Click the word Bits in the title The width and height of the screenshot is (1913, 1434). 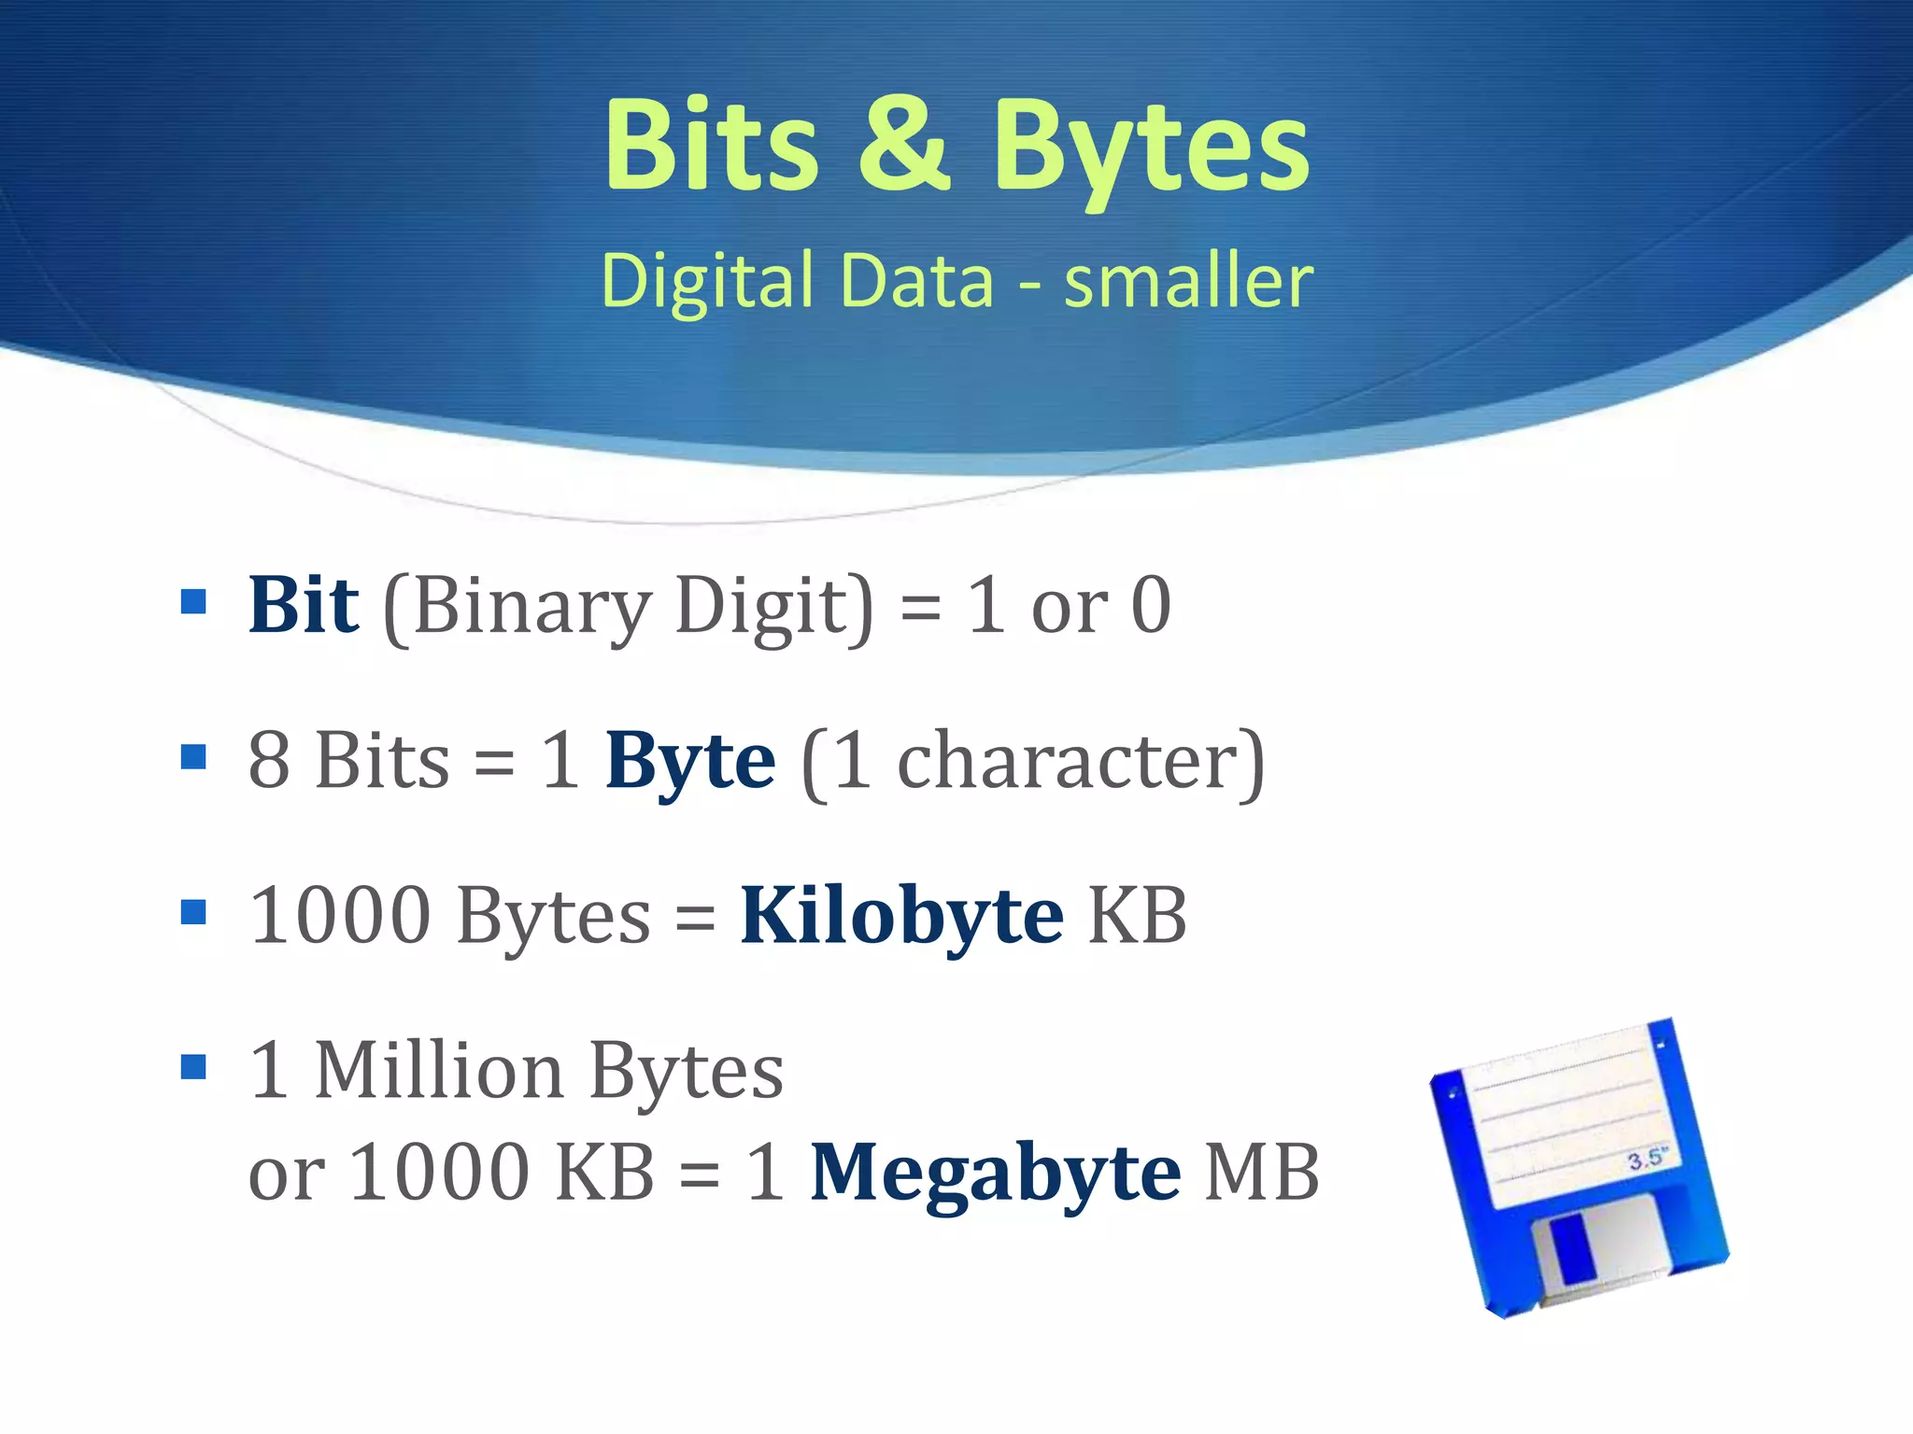click(712, 148)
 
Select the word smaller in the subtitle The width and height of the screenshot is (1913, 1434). click(1188, 281)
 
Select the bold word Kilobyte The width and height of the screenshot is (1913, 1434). click(901, 917)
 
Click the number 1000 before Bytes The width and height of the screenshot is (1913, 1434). click(342, 916)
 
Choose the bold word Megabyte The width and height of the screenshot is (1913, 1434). click(995, 1174)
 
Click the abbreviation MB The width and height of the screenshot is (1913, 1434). click(1262, 1173)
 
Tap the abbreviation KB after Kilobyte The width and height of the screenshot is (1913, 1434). click(1138, 916)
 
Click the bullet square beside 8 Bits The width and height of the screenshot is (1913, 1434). click(193, 756)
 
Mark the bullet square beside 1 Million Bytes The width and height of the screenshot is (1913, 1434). click(193, 1066)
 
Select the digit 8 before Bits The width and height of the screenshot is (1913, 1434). click(269, 761)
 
